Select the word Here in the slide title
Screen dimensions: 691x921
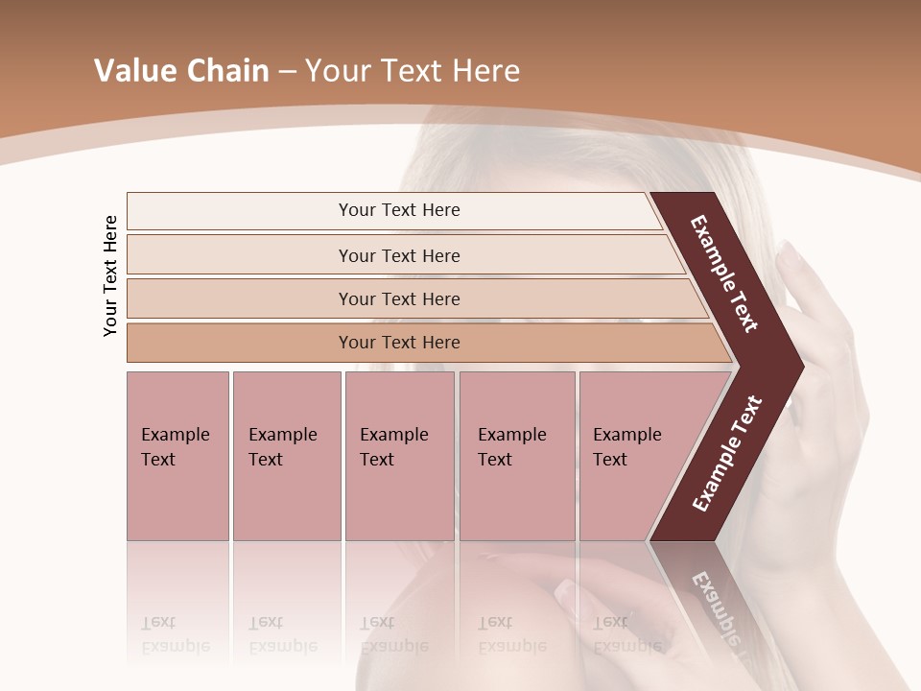point(485,71)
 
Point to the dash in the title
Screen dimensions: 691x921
point(287,72)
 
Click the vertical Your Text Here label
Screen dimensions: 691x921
point(110,275)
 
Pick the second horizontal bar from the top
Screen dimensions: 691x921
point(399,255)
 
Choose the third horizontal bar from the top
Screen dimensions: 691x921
point(399,298)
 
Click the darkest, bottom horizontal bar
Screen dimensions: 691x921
point(399,343)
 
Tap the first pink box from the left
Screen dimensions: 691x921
point(177,456)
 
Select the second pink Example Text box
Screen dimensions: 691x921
point(286,456)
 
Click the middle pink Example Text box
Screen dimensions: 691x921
point(399,456)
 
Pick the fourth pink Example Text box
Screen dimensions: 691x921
point(516,456)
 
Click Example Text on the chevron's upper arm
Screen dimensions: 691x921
point(724,274)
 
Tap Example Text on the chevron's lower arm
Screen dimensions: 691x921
point(727,453)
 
